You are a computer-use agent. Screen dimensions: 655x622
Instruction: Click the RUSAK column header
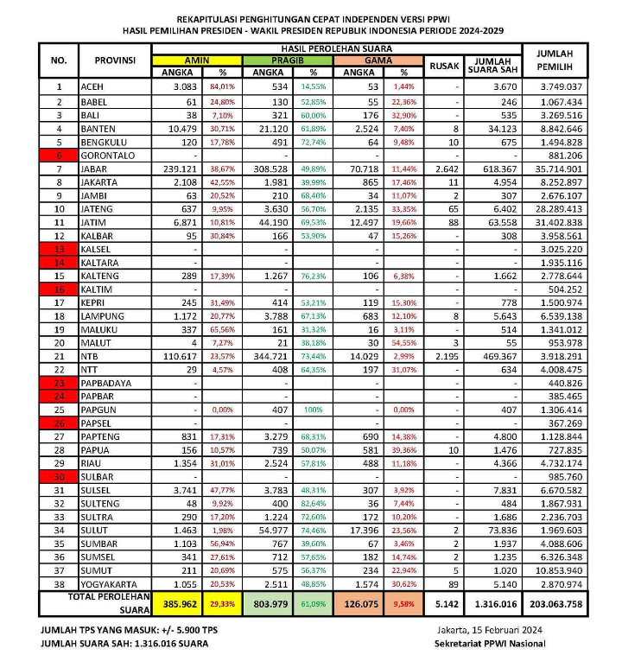tap(443, 67)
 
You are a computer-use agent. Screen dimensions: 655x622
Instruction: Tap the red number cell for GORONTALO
tap(59, 155)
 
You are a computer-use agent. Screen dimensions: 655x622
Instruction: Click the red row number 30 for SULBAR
tap(59, 477)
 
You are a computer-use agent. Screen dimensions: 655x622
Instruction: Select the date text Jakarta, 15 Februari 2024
tap(491, 631)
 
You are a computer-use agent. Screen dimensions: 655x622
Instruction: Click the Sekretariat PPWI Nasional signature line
tap(491, 644)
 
